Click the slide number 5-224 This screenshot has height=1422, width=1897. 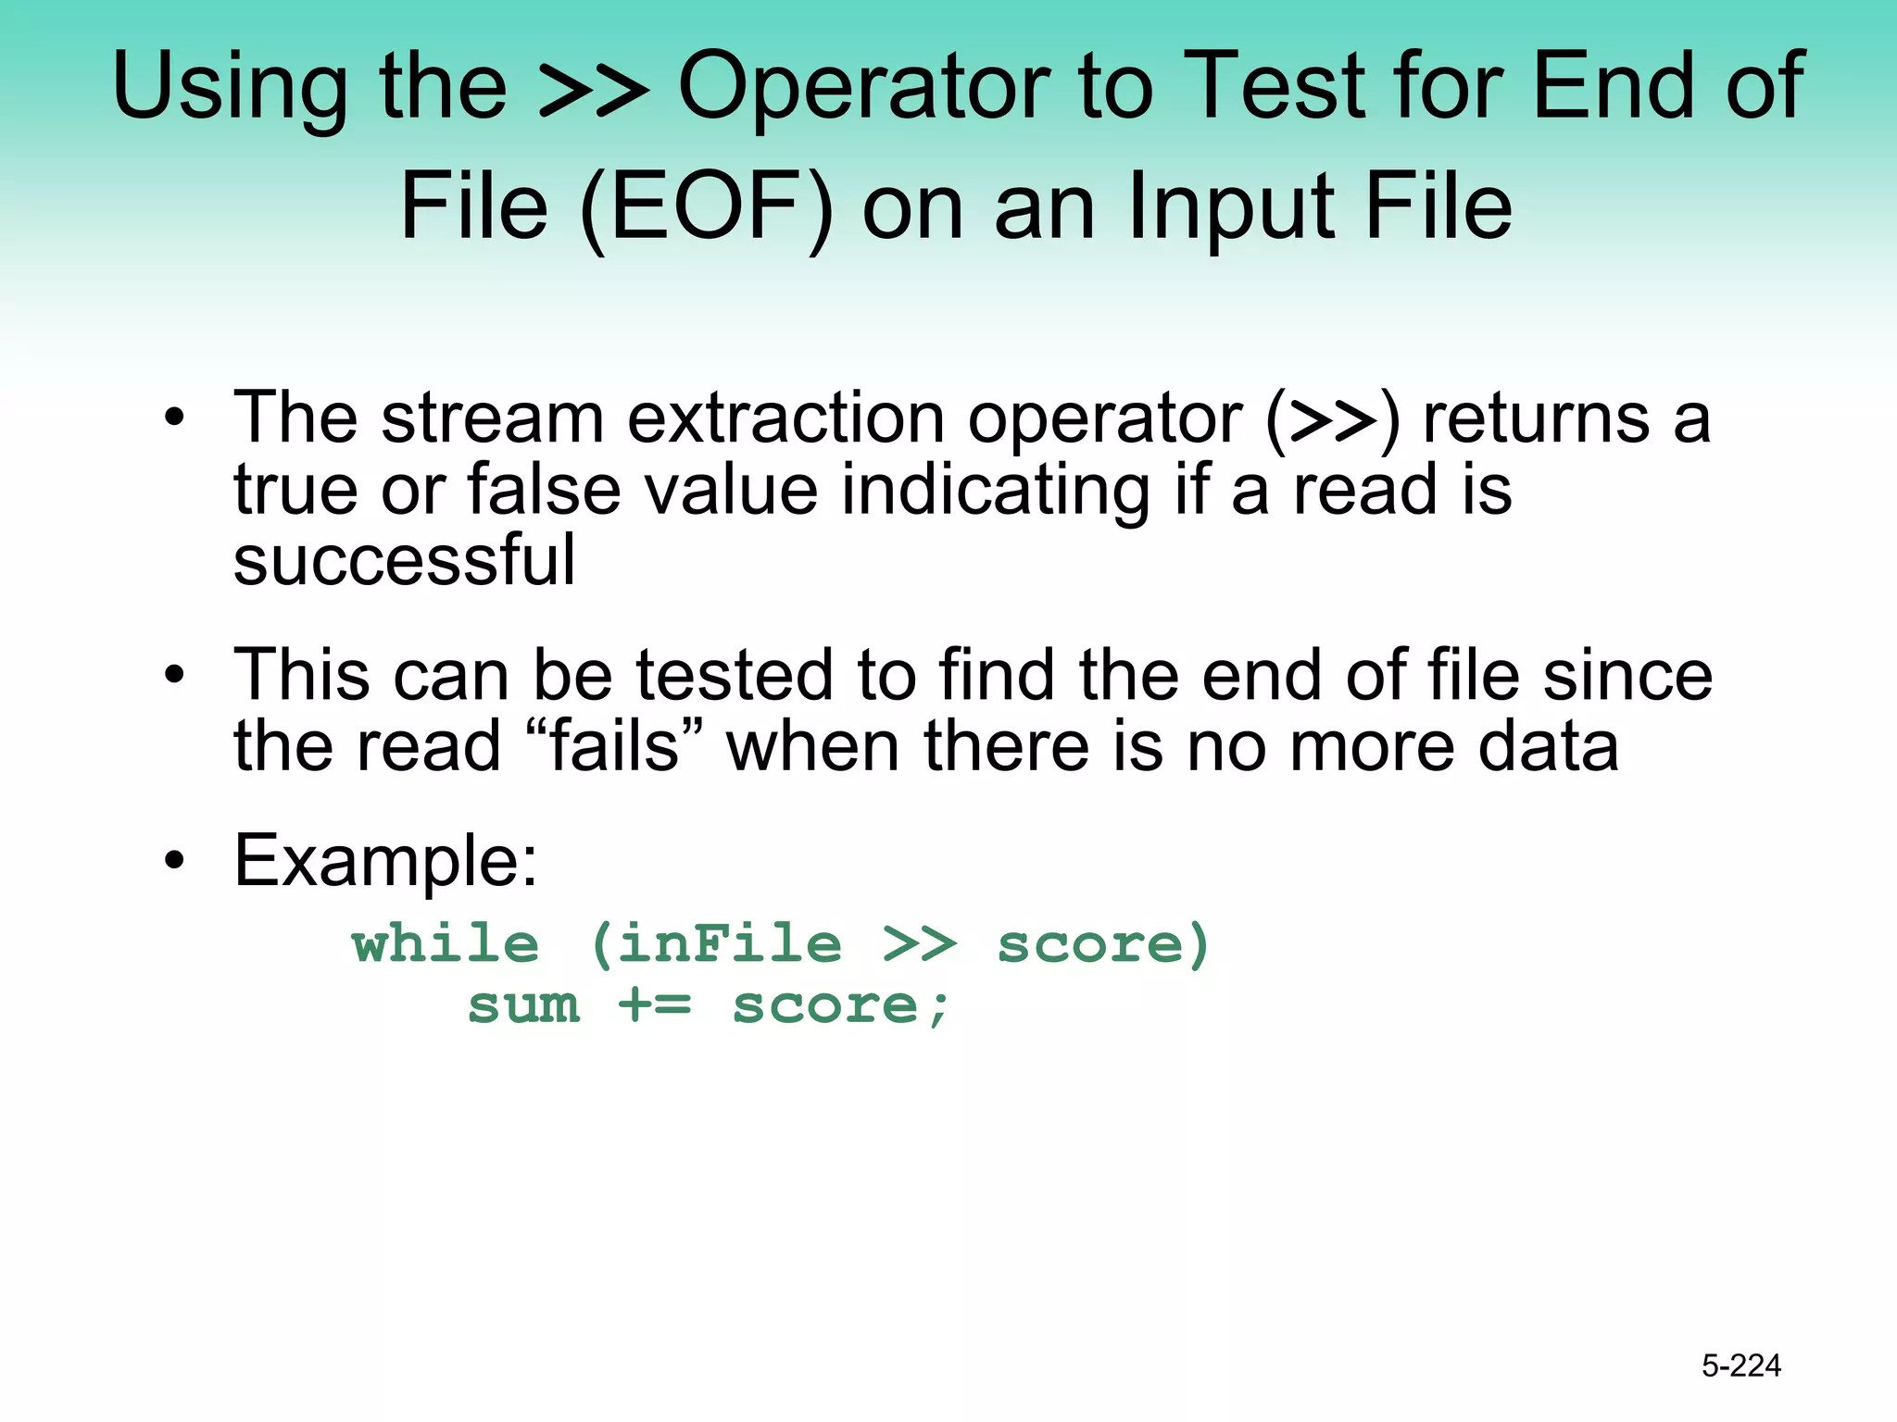[1740, 1366]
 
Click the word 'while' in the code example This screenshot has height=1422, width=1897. [446, 944]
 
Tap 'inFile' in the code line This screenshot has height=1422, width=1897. [729, 944]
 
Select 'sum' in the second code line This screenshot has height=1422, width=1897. [524, 1006]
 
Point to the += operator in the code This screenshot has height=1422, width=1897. [655, 1006]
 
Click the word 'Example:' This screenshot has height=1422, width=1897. [385, 860]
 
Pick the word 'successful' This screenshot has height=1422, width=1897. [404, 561]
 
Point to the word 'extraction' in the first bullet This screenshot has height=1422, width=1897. [785, 418]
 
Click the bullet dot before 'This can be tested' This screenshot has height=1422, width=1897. [174, 676]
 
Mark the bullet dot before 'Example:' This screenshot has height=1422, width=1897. [174, 861]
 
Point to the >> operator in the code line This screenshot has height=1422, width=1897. [919, 944]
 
